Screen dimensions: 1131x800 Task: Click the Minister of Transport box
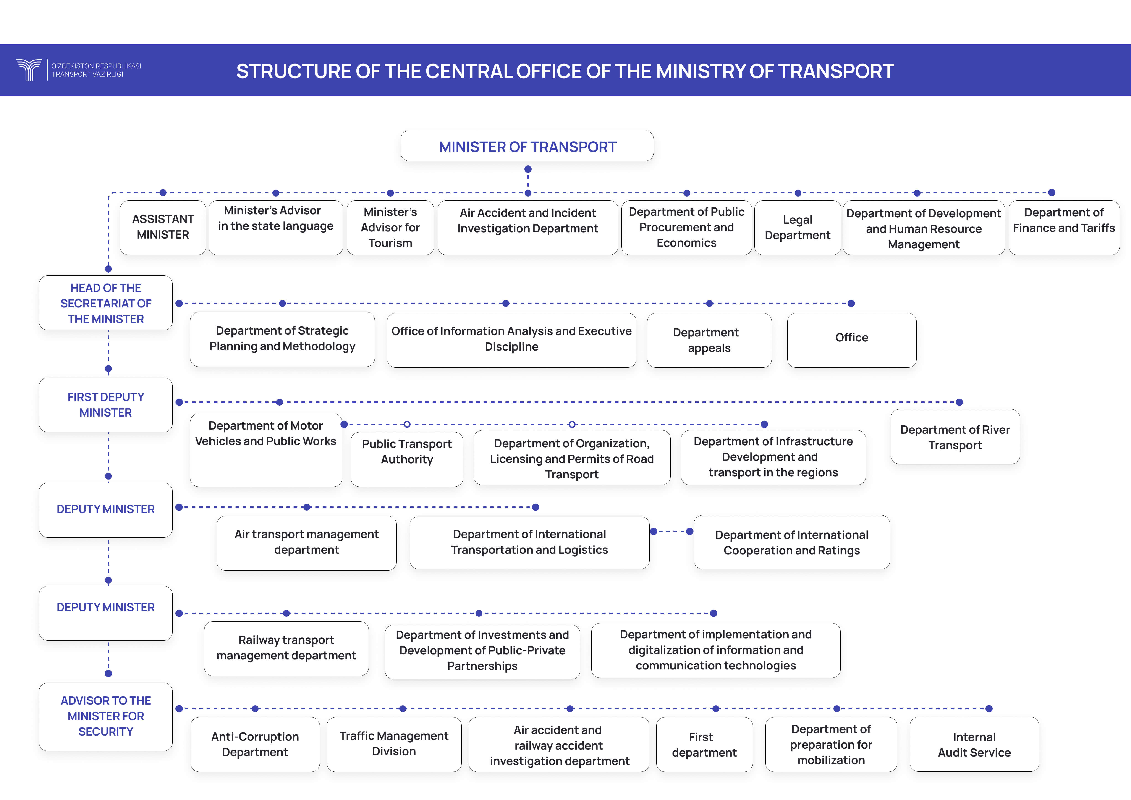[527, 146]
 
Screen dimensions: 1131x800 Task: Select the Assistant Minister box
[163, 228]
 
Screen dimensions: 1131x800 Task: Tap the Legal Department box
[798, 228]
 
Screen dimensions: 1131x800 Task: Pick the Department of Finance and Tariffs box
[1064, 228]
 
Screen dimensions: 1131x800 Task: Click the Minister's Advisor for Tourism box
[390, 228]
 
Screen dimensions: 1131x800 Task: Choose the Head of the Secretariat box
[106, 303]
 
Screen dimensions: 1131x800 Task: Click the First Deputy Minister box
[106, 405]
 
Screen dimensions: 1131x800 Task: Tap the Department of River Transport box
[955, 436]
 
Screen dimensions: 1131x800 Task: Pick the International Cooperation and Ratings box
[792, 542]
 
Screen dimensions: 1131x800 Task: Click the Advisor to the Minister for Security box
[106, 717]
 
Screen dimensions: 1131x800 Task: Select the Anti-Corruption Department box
[255, 744]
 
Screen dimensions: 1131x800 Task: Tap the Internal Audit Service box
[974, 744]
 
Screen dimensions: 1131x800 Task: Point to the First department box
[704, 744]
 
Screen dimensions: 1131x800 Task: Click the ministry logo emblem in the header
[29, 70]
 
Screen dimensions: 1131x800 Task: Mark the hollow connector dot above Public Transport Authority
[407, 424]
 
